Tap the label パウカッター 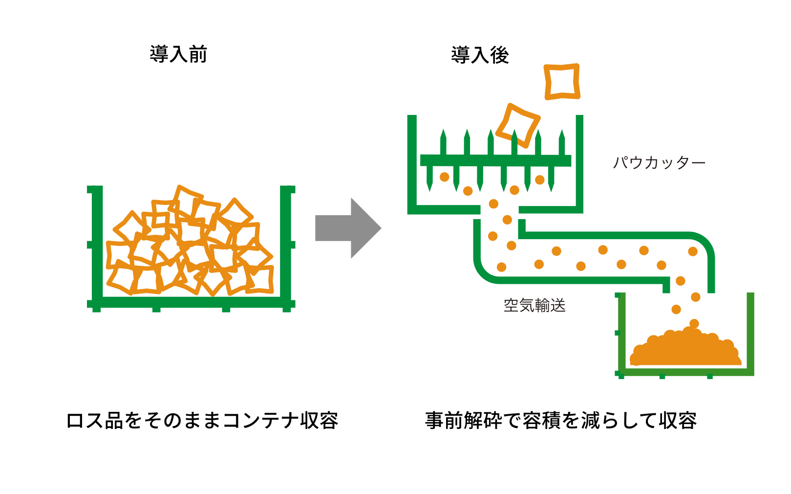[x=659, y=162]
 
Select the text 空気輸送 [x=534, y=306]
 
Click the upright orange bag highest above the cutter [x=562, y=81]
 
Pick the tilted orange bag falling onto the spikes [x=518, y=125]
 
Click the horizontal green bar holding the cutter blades [x=495, y=160]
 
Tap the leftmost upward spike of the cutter [x=443, y=142]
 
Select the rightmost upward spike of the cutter [x=562, y=142]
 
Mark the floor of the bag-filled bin [x=191, y=302]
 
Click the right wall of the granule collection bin [x=750, y=333]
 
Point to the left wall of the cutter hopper [x=412, y=161]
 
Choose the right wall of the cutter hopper [x=579, y=161]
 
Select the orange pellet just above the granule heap [x=694, y=323]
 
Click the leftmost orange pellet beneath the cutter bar [x=444, y=177]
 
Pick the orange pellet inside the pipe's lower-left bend [x=501, y=267]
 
